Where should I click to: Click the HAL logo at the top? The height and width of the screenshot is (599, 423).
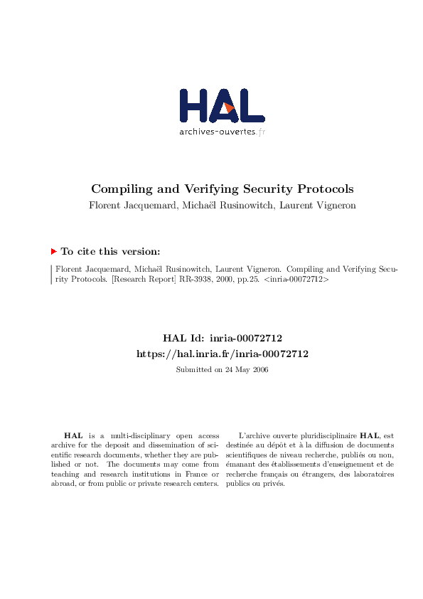point(222,106)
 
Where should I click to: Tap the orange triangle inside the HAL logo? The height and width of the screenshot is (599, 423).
point(229,107)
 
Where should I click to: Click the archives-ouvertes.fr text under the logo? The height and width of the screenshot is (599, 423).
point(222,132)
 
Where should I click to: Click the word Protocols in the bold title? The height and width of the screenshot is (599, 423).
point(323,189)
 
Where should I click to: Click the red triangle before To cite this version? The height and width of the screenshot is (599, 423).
point(53,251)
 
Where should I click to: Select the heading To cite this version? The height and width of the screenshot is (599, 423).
point(110,251)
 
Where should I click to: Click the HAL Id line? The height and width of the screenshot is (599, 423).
point(222,339)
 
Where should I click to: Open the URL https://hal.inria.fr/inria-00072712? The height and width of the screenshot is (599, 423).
point(222,354)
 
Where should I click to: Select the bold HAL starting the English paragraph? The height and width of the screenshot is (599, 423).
point(73,435)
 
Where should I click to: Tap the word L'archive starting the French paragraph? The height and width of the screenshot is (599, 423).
point(254,435)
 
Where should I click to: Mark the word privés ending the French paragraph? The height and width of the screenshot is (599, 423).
point(274,484)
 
